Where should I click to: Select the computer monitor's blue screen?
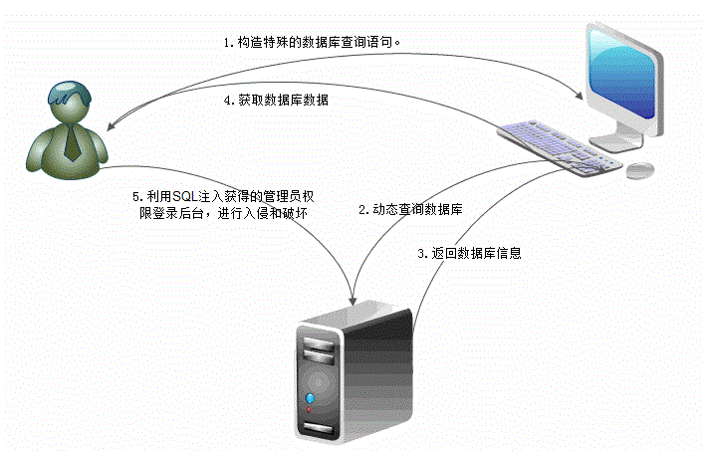click(x=622, y=70)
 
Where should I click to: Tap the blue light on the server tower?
click(x=309, y=402)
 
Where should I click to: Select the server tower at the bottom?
click(x=353, y=373)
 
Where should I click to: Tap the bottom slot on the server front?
click(x=317, y=429)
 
